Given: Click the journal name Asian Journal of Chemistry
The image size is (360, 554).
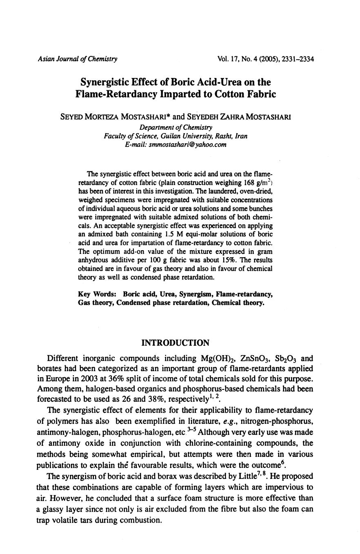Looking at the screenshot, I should click(x=77, y=59).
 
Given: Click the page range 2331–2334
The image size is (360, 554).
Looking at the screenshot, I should click(x=297, y=59).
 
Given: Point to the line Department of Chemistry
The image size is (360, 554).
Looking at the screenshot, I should click(x=176, y=127).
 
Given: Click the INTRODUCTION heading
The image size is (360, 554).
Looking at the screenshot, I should click(x=175, y=343).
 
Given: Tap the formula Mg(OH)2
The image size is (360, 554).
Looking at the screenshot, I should click(x=219, y=359).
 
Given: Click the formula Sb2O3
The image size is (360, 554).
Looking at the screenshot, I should click(x=286, y=359).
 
